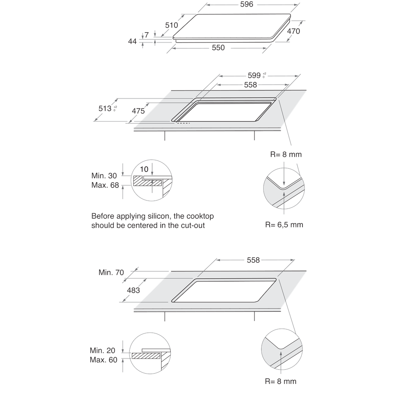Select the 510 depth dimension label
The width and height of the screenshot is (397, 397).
(x=172, y=25)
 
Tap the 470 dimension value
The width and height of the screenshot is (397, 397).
(x=293, y=31)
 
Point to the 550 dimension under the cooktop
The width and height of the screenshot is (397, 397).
(x=218, y=48)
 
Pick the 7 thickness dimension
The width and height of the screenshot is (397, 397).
(x=146, y=35)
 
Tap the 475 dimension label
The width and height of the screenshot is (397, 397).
(x=138, y=111)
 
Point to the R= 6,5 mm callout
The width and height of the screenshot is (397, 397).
(x=284, y=225)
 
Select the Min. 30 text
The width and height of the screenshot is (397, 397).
(x=105, y=176)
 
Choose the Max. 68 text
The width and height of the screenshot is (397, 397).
(x=105, y=185)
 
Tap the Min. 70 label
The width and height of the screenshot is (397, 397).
(x=111, y=272)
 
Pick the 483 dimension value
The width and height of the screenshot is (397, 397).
(x=133, y=290)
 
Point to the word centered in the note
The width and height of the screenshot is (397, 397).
(x=146, y=225)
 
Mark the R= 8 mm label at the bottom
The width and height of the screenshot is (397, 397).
(x=280, y=382)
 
